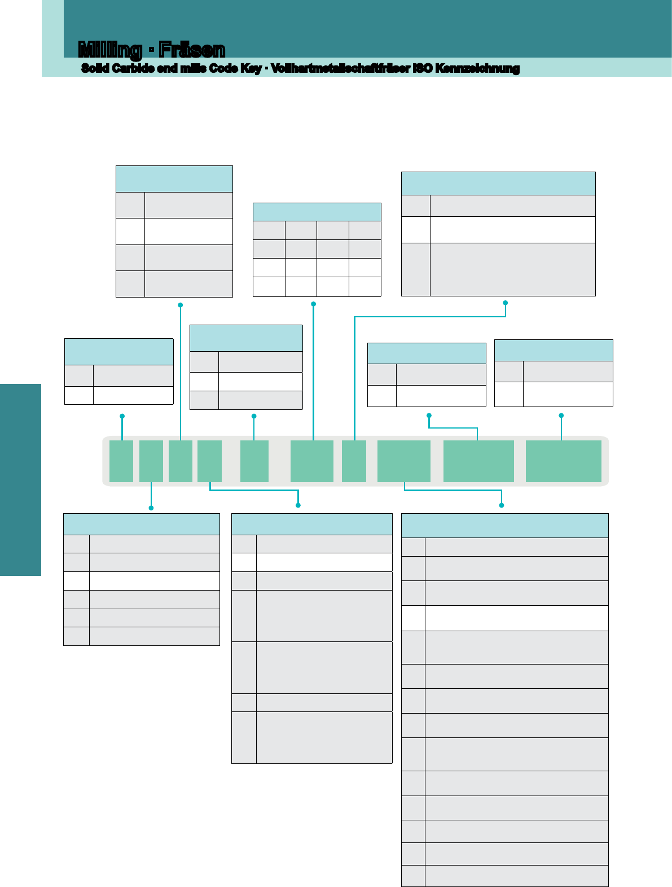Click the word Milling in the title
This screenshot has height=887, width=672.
click(110, 50)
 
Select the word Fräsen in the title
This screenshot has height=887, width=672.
click(192, 50)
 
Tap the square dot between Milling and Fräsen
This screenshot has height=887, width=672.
click(151, 51)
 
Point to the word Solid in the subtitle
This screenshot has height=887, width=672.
click(95, 68)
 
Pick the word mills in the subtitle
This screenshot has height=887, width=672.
click(193, 68)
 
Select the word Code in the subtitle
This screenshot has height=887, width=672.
click(223, 68)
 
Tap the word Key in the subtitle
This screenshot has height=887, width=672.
click(251, 69)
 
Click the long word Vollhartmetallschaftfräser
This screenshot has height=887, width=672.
click(340, 68)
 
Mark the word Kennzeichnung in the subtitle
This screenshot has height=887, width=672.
click(477, 69)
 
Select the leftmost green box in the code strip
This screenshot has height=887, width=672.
click(121, 461)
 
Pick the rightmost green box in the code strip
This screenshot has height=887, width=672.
click(563, 461)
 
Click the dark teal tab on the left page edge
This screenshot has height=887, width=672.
click(21, 480)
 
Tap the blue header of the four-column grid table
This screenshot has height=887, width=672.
click(317, 212)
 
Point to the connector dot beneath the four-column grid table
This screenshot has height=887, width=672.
click(313, 304)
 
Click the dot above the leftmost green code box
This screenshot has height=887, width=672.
click(122, 416)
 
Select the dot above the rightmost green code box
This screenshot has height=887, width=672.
click(561, 416)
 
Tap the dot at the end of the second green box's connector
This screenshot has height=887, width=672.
click(151, 508)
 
